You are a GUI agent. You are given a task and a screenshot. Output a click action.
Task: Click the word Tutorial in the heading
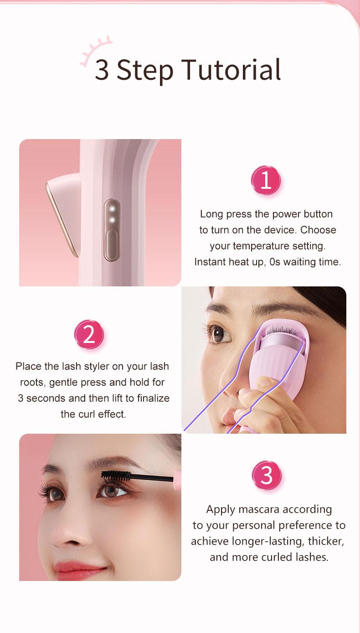coord(231,70)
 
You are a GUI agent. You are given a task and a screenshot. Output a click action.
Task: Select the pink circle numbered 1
coord(266,181)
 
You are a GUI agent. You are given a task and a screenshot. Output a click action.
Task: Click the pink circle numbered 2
coord(89,335)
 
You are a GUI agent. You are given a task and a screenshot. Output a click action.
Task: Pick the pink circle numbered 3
coord(267,476)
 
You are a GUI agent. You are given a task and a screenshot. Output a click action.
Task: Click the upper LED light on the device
coord(112,209)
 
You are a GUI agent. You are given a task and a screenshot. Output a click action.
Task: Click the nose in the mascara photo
coord(64,536)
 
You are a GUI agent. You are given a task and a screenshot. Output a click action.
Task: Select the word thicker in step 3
coord(325,541)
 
